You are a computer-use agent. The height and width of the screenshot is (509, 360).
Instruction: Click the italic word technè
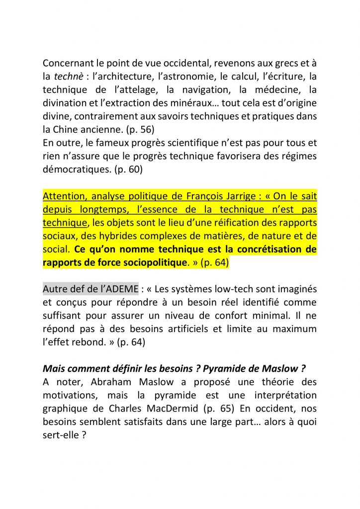click(x=69, y=77)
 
